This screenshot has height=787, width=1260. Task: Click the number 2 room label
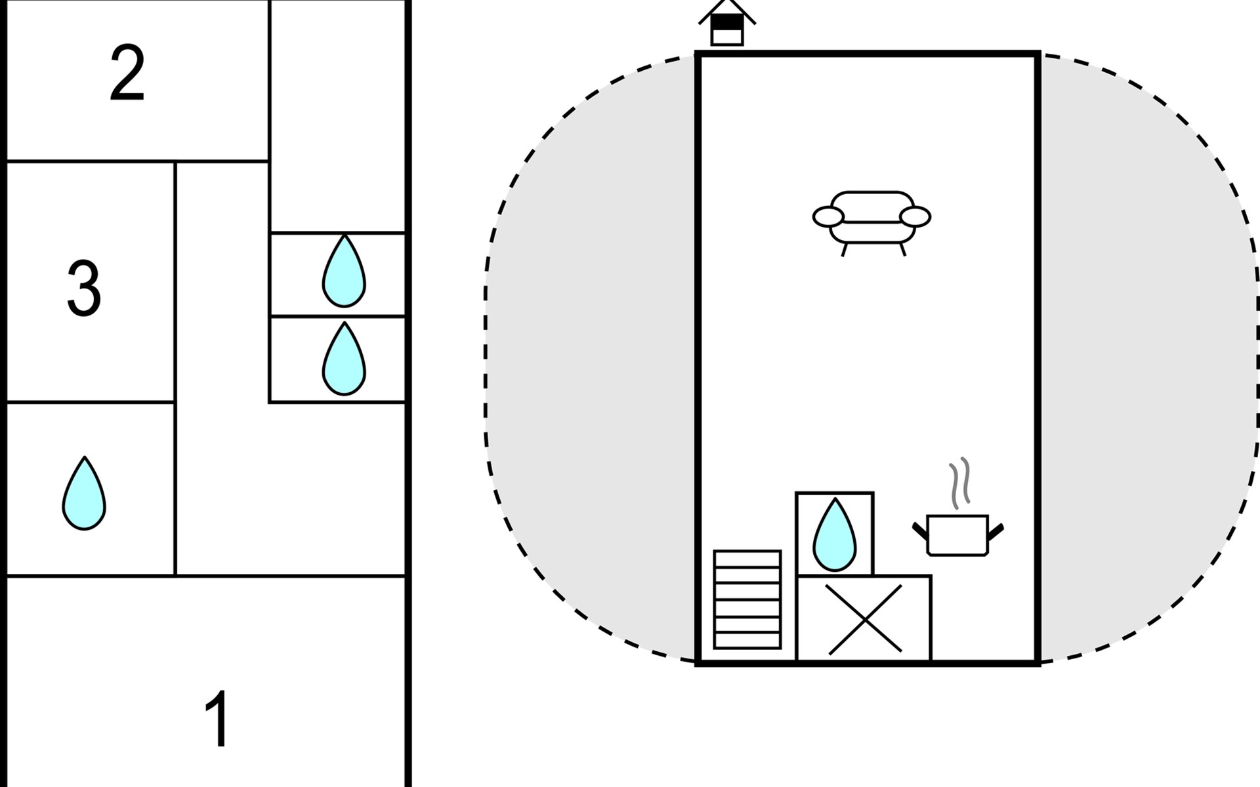point(127,73)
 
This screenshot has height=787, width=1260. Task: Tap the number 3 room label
point(84,289)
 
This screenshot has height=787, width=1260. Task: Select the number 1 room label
point(217,719)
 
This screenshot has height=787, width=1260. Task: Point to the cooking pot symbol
point(957,535)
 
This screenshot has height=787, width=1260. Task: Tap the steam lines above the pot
point(959,483)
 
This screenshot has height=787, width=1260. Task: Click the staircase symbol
point(747,599)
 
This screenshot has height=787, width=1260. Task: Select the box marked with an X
point(864,619)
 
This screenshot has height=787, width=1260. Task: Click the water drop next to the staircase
point(834,535)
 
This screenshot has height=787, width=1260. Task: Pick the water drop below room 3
point(84,494)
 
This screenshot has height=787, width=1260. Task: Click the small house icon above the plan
point(727,24)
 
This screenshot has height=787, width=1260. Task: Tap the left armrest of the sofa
point(828,216)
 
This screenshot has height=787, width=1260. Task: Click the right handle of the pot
point(996,531)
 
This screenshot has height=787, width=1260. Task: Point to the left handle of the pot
point(920,531)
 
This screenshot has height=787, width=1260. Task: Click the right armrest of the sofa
point(915,216)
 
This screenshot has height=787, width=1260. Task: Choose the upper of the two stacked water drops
point(344,272)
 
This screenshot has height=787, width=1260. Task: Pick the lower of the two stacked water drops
point(344,359)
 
